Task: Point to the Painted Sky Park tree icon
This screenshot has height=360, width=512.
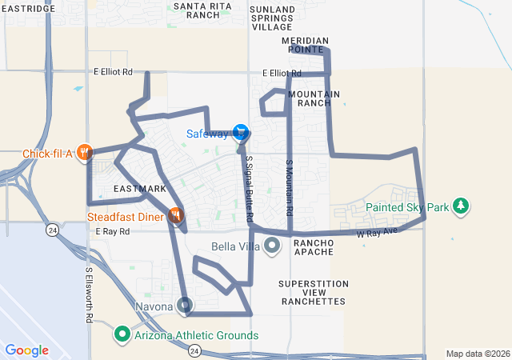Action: [461, 206]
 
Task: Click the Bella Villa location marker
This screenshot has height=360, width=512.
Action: [272, 246]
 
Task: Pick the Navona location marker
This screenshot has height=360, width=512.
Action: [186, 305]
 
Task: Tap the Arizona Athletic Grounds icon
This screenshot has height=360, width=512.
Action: [122, 334]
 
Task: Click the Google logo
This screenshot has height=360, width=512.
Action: [26, 350]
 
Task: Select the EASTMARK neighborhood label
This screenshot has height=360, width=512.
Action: [139, 189]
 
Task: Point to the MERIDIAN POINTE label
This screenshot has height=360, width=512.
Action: [305, 44]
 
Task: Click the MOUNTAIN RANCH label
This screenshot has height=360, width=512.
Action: [314, 98]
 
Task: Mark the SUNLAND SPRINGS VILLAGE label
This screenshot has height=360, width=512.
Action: [272, 18]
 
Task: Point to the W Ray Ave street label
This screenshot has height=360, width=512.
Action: [377, 234]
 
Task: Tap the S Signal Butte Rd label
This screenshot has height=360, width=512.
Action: [250, 189]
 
